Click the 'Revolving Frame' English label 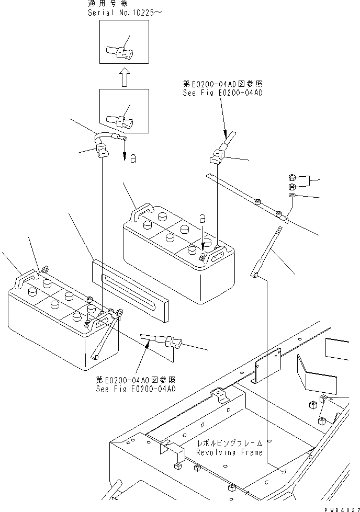click(229, 452)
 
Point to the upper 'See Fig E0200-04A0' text click(222, 93)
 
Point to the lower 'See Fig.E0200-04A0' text click(136, 389)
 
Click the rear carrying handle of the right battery click(139, 213)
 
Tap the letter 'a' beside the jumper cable click(133, 158)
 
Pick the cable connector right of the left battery click(166, 343)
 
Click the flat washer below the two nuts click(292, 196)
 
